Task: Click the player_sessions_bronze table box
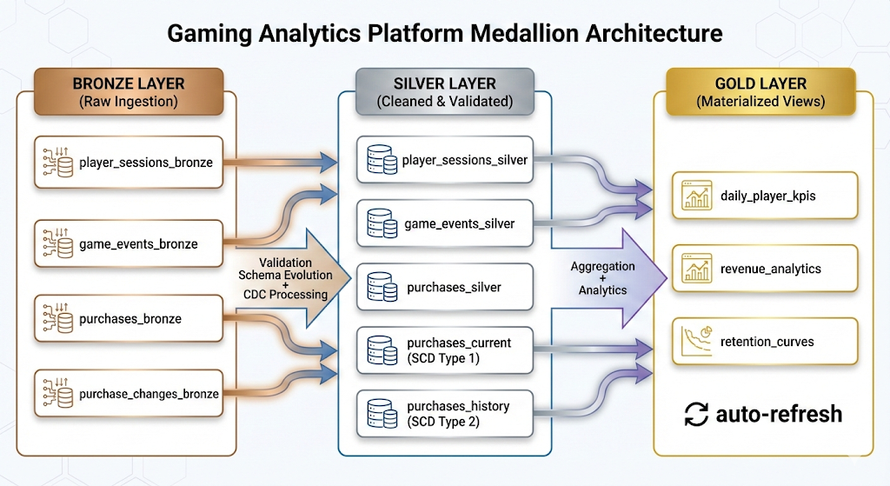[x=128, y=162]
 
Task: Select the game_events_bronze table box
[x=128, y=244]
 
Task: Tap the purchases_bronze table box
[x=128, y=319]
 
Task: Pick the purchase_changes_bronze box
[x=128, y=394]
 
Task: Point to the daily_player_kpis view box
[x=766, y=196]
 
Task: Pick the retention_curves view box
[x=766, y=342]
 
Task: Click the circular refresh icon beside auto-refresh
[x=696, y=414]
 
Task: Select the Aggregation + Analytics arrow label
[x=603, y=278]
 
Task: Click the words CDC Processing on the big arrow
[x=286, y=294]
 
